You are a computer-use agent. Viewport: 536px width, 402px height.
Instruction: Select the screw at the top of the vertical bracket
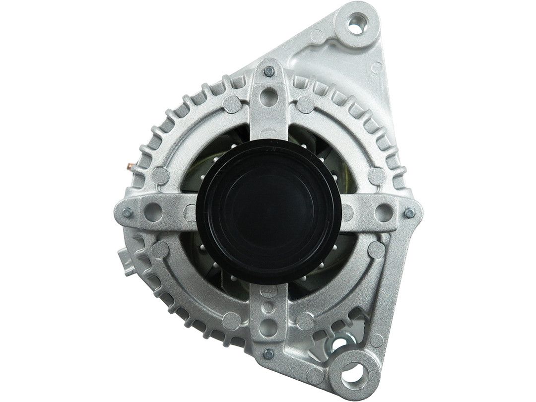point(268,71)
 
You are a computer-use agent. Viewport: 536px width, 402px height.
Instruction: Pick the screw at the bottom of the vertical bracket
point(268,354)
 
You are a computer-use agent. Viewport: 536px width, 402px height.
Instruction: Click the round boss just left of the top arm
point(232,104)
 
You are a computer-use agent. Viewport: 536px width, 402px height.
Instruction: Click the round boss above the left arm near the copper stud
point(160,175)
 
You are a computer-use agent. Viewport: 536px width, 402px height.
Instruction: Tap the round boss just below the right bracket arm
point(376,250)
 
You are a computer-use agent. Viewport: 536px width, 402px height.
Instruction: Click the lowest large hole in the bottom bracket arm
point(268,328)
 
